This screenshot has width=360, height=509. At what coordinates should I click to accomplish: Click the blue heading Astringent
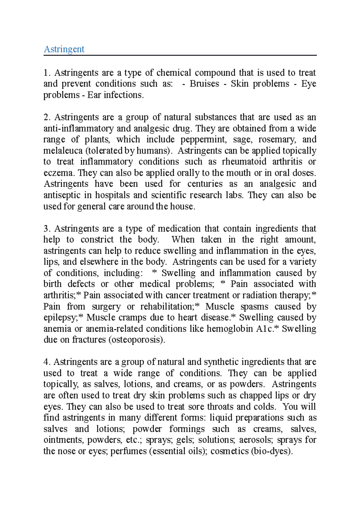64,49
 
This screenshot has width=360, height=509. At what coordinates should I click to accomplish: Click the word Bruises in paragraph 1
204,84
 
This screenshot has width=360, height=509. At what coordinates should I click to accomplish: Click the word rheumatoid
244,162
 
